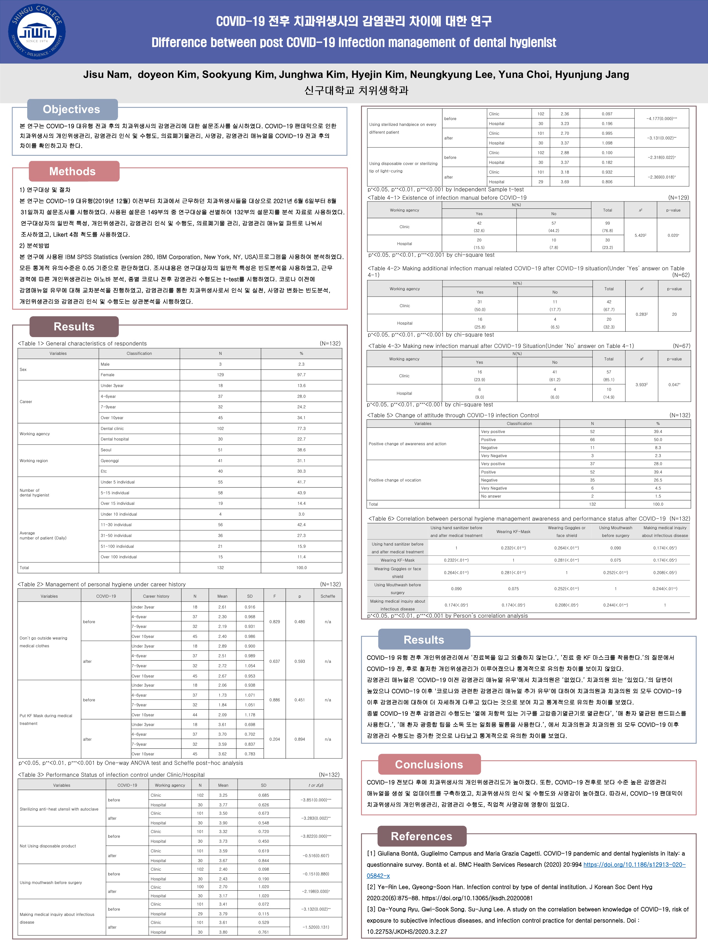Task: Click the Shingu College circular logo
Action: coord(37,32)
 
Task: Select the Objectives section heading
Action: coord(72,109)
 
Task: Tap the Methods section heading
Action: coord(72,171)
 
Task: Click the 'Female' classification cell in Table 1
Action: coord(107,375)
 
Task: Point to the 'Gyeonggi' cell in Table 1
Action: coord(110,460)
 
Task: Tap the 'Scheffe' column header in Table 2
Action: coord(328,596)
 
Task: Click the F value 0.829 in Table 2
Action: coord(275,621)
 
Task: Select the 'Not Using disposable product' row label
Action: coord(48,846)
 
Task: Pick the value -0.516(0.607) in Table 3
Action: coord(316,856)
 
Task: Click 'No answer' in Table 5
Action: coord(491,496)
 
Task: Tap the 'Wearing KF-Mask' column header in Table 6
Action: coord(513,532)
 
